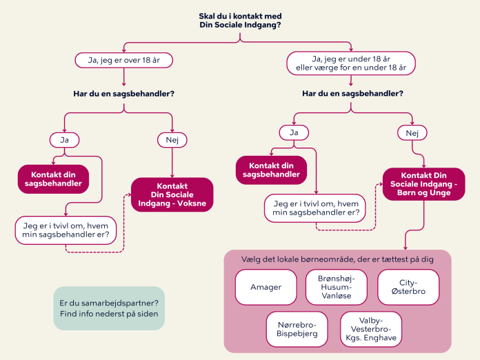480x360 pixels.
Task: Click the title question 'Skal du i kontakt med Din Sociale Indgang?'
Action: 239,21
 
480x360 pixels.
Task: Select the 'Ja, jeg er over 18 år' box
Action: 123,60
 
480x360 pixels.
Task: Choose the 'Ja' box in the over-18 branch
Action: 64,139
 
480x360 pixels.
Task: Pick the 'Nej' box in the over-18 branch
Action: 172,139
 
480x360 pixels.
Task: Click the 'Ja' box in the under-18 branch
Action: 294,132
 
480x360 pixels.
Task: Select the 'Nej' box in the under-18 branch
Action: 412,132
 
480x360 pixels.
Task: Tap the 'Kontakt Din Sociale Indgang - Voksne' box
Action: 172,194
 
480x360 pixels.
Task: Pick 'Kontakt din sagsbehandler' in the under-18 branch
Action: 271,170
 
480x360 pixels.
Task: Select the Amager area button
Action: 266,287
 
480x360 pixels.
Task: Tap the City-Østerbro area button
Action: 408,287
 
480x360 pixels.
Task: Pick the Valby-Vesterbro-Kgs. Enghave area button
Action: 371,329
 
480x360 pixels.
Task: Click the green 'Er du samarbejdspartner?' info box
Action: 109,308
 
